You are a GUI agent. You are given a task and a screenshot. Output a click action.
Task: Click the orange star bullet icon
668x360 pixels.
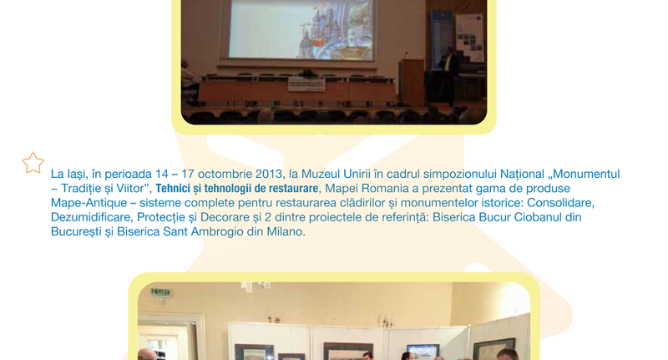(x=33, y=163)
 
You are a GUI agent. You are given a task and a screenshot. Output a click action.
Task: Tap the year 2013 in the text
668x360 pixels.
(x=268, y=175)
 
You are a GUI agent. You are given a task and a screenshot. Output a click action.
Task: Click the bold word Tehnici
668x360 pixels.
(x=171, y=188)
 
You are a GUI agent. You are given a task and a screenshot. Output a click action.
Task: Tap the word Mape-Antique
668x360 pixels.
(x=89, y=203)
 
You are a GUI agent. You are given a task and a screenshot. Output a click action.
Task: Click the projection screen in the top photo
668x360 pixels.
(x=301, y=29)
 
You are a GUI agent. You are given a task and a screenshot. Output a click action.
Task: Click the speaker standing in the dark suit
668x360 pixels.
(x=448, y=78)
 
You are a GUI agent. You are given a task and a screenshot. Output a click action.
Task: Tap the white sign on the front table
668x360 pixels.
(x=306, y=84)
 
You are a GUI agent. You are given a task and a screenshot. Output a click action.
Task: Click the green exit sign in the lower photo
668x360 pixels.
(x=160, y=292)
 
